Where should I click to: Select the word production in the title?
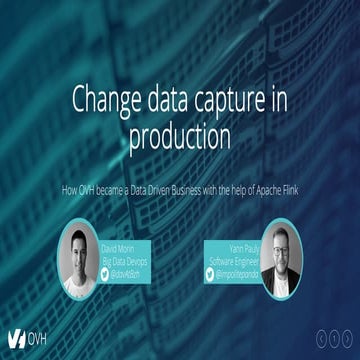click(x=180, y=132)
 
